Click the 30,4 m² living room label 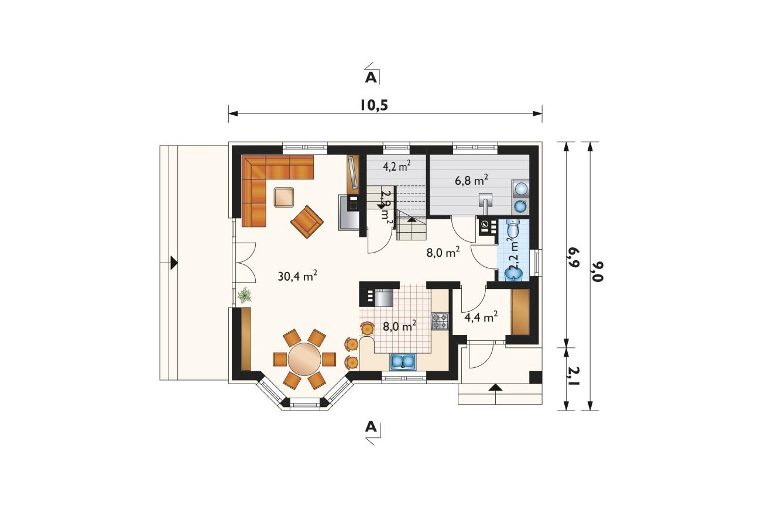(x=297, y=275)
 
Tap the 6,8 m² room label (x=472, y=180)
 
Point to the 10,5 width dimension (x=373, y=105)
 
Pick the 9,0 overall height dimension (x=598, y=271)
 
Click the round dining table (x=304, y=358)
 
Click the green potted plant (x=244, y=295)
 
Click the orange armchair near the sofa (x=307, y=222)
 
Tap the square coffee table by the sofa (x=284, y=197)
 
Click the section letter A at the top (x=371, y=78)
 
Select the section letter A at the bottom (x=371, y=426)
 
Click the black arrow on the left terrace (x=174, y=263)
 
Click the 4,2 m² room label (x=396, y=166)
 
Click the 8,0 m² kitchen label (x=399, y=327)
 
